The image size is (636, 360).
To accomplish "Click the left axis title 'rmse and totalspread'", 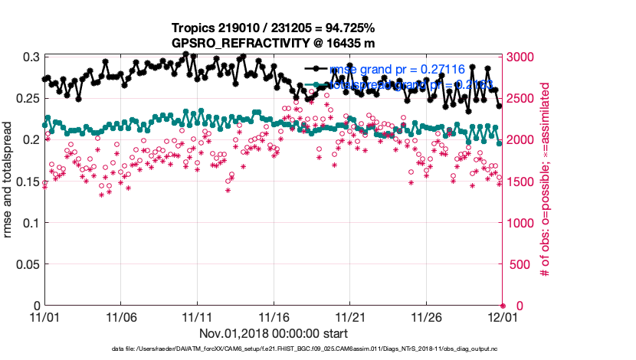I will point(9,182).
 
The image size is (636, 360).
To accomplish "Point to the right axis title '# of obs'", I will point(546,182).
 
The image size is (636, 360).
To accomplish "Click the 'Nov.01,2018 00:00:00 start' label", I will point(274,333).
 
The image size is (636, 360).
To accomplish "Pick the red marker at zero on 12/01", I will point(503,306).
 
